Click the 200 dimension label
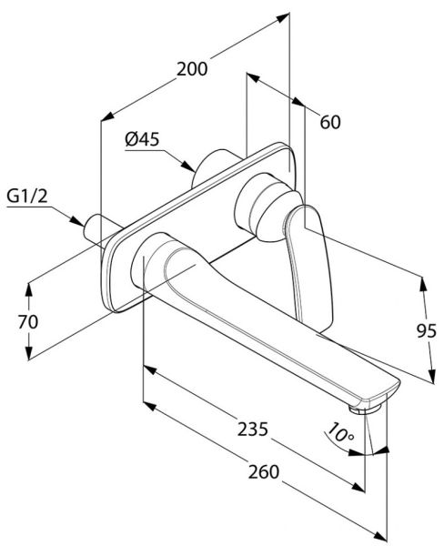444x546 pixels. click(192, 68)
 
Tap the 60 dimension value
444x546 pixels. click(330, 122)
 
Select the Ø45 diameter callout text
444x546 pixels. click(143, 139)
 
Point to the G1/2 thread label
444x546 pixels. click(27, 197)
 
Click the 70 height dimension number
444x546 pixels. click(28, 322)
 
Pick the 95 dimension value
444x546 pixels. click(427, 331)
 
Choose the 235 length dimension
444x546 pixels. click(253, 429)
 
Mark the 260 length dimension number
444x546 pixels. click(264, 471)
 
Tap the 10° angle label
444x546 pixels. click(340, 432)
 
